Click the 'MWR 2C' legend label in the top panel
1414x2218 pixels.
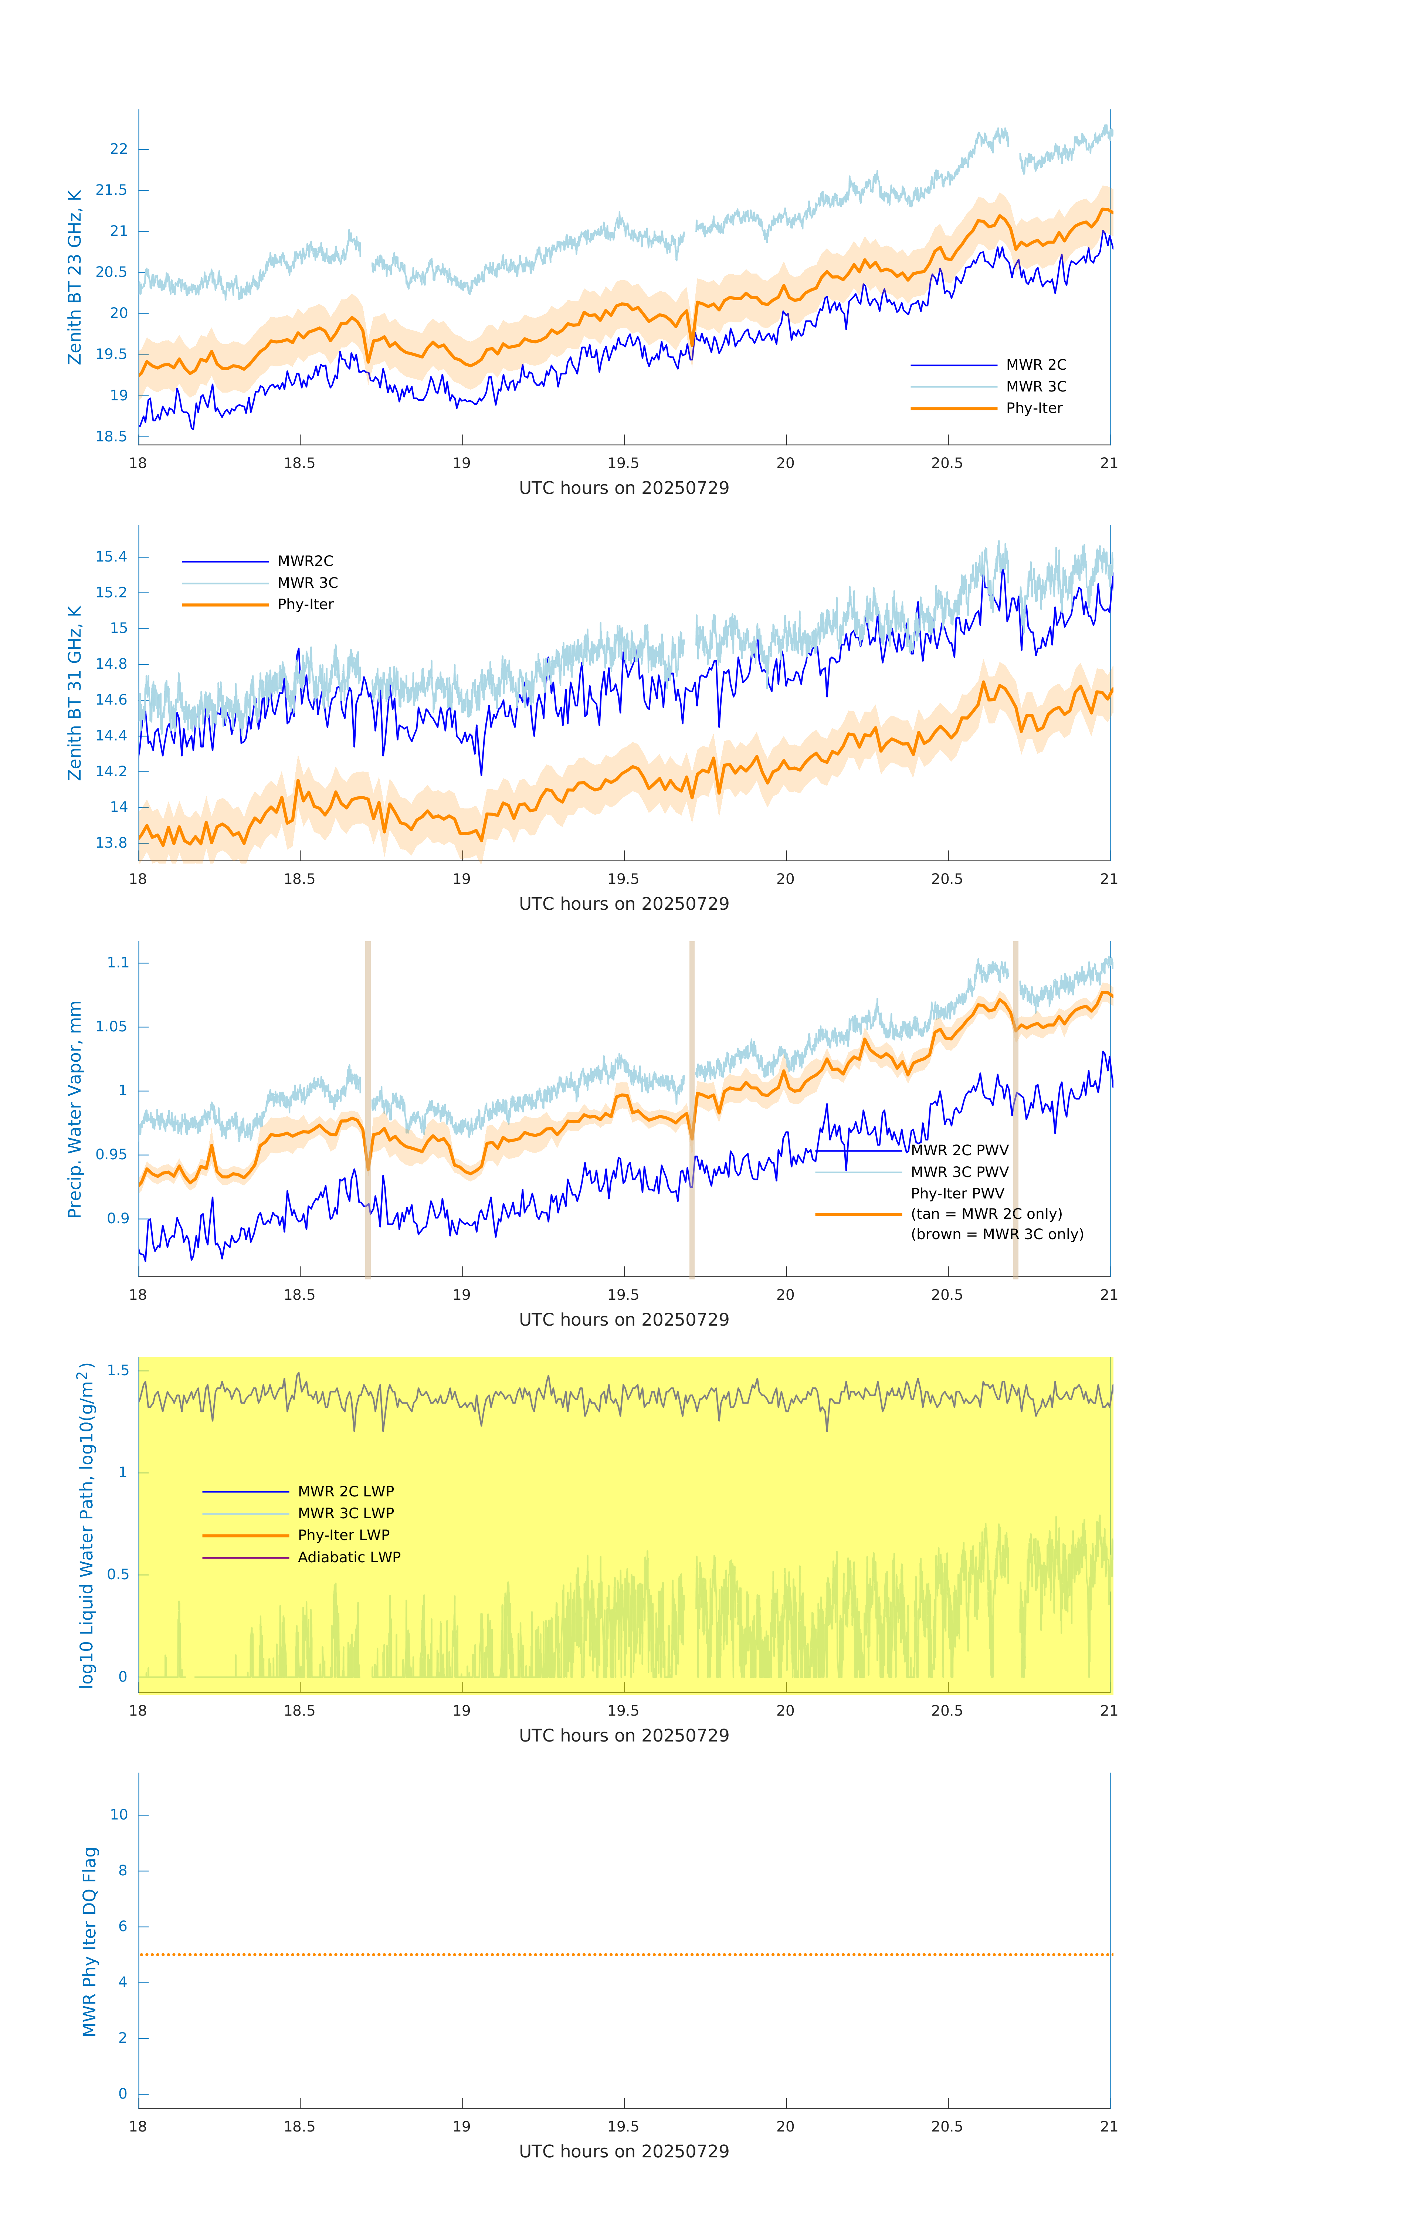click(x=1035, y=365)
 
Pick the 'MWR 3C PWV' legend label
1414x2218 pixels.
click(x=959, y=1171)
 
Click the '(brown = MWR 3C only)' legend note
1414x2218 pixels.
click(x=997, y=1234)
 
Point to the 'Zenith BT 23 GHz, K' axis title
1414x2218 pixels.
click(x=75, y=277)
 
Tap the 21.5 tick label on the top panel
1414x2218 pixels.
click(x=112, y=190)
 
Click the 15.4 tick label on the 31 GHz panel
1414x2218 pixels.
click(x=112, y=556)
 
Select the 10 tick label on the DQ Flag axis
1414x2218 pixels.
click(x=119, y=1815)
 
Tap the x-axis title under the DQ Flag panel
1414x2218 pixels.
click(x=624, y=2151)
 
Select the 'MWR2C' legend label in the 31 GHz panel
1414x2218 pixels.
click(x=305, y=561)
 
